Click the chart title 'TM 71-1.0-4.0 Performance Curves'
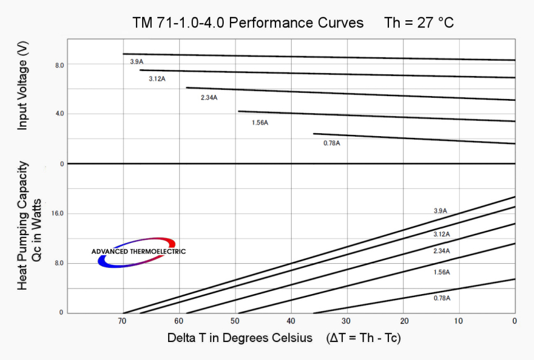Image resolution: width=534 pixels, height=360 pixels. click(248, 23)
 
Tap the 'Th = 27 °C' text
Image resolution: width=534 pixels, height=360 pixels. click(419, 23)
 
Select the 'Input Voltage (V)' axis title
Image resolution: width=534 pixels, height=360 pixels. click(22, 87)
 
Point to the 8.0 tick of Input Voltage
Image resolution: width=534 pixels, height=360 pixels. click(60, 65)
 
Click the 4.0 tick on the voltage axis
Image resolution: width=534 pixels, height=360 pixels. click(60, 114)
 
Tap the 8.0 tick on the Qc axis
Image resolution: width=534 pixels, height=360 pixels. click(60, 263)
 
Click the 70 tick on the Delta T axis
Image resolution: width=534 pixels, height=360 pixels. click(122, 321)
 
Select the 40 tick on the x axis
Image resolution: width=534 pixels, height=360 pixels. click(291, 321)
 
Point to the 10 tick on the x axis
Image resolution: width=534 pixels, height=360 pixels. click(459, 321)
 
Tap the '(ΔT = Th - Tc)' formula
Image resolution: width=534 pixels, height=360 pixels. click(363, 338)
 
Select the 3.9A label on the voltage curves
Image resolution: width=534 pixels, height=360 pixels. click(137, 61)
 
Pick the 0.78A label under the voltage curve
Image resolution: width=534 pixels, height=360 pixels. click(332, 143)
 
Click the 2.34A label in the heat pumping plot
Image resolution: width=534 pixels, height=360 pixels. click(441, 251)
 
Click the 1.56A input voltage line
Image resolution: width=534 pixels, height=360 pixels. click(377, 116)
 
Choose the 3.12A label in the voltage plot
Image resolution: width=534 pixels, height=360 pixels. click(157, 79)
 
